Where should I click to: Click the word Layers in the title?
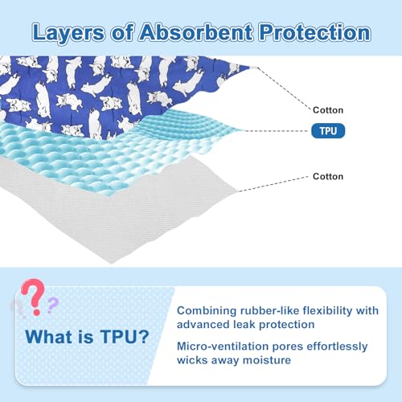68,33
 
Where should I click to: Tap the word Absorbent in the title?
195,32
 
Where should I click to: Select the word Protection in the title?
315,32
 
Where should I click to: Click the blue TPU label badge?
328,131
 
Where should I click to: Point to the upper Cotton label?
328,110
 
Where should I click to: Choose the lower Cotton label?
328,176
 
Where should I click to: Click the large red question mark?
33,297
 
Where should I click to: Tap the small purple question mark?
52,305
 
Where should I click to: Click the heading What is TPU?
87,337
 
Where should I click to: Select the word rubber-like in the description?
269,310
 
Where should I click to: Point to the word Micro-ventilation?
223,347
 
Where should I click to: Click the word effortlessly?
337,347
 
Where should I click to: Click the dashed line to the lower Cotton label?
273,184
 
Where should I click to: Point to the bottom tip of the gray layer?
112,264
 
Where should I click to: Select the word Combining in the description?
207,311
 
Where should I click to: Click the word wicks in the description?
192,360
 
